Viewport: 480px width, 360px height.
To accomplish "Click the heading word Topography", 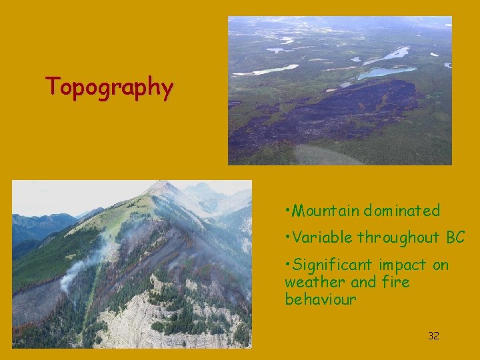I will (109, 87).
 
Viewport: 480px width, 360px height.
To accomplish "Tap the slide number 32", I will (433, 336).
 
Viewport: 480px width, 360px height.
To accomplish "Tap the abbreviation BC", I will (455, 237).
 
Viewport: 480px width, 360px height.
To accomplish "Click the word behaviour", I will (321, 299).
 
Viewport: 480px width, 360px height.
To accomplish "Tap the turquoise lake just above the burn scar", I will (384, 71).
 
